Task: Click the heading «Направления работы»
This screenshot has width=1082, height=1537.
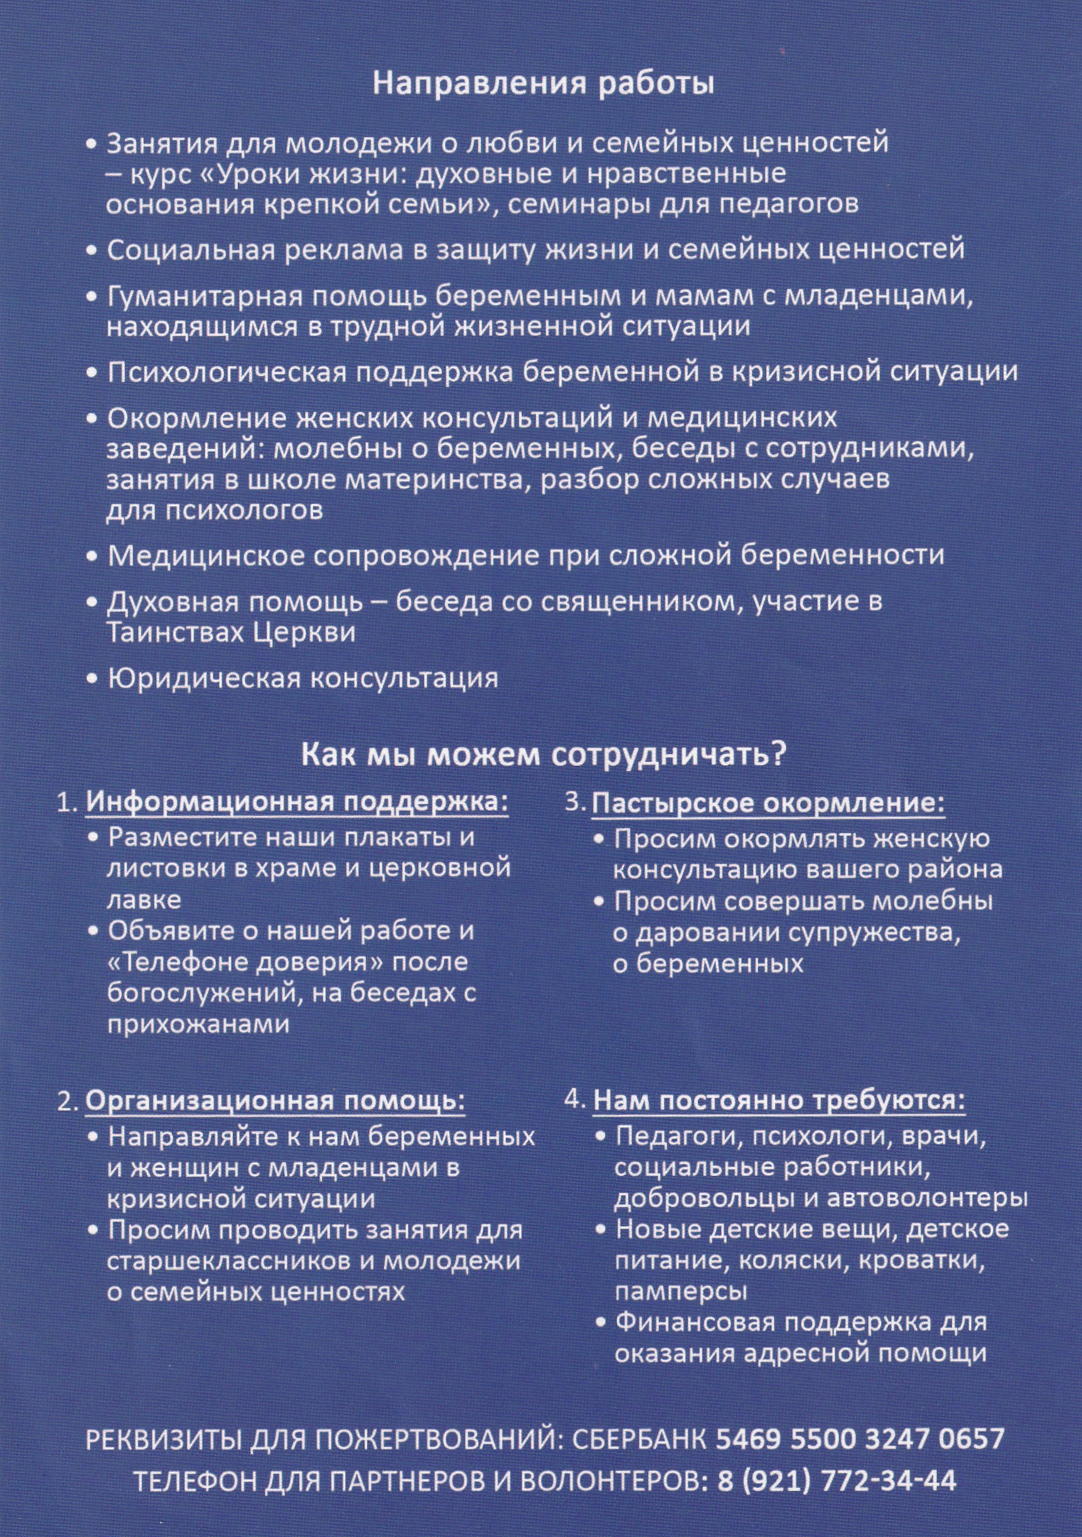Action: (543, 85)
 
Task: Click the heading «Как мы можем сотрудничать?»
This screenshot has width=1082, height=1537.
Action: (543, 755)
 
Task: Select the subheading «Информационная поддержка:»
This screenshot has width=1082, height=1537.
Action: (296, 802)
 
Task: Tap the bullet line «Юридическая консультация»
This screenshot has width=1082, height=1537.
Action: (303, 679)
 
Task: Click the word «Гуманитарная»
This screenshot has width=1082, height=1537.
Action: (193, 296)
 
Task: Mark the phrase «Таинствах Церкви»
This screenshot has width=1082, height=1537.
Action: (231, 633)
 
